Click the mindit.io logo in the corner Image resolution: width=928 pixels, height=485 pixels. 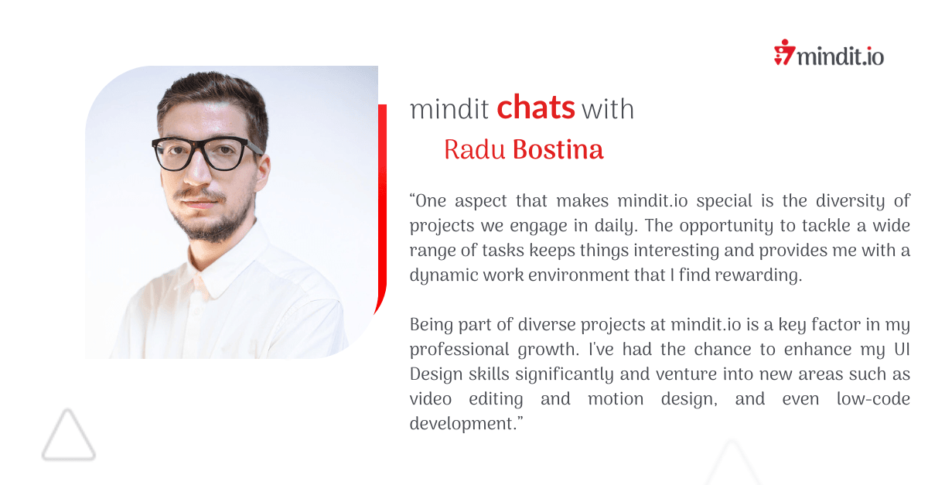pos(828,53)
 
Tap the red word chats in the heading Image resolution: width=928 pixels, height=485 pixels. pos(536,107)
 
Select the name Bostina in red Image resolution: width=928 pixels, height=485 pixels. pos(558,149)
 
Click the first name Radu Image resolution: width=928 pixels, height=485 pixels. pos(475,149)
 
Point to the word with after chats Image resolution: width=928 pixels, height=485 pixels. pos(608,109)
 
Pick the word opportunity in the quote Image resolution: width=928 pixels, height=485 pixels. pos(726,227)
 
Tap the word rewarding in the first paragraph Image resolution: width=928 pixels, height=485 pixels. pos(758,275)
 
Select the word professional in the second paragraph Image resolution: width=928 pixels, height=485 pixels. pos(459,350)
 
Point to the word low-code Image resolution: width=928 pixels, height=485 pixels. pos(873,399)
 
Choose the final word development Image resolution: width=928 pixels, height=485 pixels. pos(466,424)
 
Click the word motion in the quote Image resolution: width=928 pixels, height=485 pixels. pos(616,399)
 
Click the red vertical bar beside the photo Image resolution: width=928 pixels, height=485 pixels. pos(382,199)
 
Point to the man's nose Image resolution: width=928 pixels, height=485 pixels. pos(199,171)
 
